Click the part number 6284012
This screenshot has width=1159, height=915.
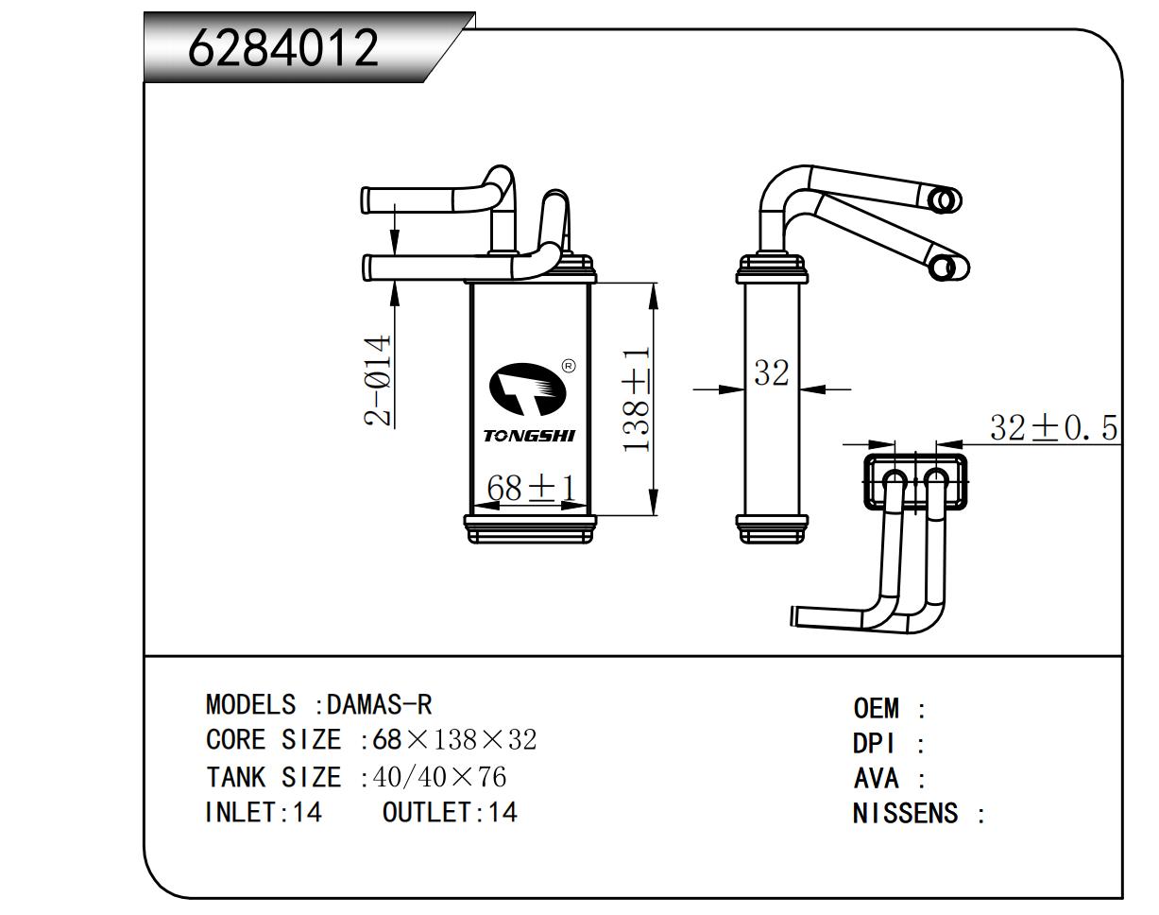(x=283, y=48)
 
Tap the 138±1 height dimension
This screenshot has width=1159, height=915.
(x=637, y=398)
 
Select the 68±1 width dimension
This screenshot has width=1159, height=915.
(x=531, y=489)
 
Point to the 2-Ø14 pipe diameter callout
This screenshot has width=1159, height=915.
(x=379, y=380)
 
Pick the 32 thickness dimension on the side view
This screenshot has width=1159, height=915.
(x=771, y=373)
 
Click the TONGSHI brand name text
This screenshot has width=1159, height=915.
(x=529, y=436)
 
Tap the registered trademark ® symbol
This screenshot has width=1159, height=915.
(x=568, y=366)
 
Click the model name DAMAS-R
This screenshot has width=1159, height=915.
(x=379, y=704)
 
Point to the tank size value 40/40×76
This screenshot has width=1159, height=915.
(x=440, y=777)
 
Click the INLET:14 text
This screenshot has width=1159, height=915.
(x=264, y=812)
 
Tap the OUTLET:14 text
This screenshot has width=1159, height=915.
(x=450, y=812)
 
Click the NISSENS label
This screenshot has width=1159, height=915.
(x=905, y=813)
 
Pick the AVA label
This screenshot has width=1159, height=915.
(x=876, y=779)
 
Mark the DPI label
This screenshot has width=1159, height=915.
(x=873, y=744)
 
